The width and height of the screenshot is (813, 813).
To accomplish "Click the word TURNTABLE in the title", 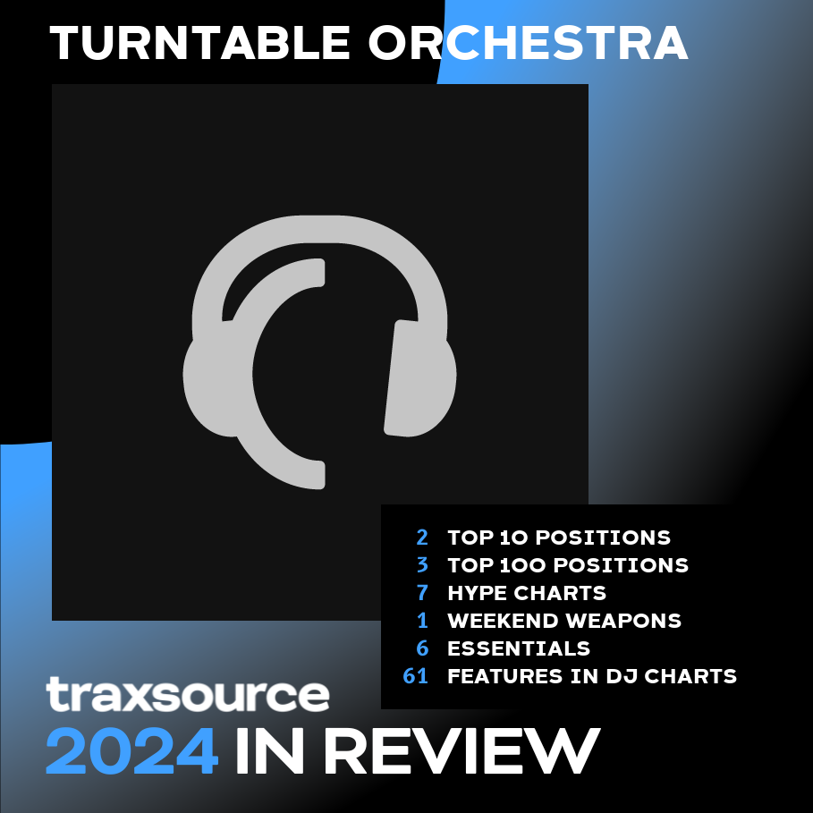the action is click(x=199, y=43).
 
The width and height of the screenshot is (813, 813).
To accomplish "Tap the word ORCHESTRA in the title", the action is click(x=529, y=43).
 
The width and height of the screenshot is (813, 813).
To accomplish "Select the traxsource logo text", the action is click(x=188, y=694).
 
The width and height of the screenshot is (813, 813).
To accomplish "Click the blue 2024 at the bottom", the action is click(x=131, y=750).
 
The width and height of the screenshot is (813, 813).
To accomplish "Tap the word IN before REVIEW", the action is click(x=269, y=750).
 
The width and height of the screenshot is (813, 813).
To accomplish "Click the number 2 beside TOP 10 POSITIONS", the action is click(x=422, y=538).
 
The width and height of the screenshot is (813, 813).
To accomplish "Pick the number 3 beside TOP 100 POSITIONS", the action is click(x=422, y=565).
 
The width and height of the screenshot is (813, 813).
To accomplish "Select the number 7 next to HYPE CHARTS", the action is click(x=422, y=593).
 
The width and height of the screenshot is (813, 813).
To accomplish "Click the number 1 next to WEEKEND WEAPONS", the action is click(x=423, y=621).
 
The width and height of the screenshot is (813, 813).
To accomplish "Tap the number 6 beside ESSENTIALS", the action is click(x=422, y=648).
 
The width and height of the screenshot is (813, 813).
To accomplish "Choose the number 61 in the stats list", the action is click(x=416, y=676).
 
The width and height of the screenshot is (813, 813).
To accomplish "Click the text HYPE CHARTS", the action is click(x=527, y=593).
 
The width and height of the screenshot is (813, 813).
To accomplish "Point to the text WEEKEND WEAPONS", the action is click(x=564, y=621).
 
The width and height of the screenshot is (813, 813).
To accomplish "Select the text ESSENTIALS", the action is click(x=519, y=648).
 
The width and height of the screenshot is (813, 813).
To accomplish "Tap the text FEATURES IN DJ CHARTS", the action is click(x=592, y=676).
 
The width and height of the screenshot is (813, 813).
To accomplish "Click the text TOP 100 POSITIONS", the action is click(x=568, y=565).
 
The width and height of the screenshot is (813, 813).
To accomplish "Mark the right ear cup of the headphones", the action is click(x=420, y=378).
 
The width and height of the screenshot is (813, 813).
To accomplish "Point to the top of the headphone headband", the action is click(x=320, y=229).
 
